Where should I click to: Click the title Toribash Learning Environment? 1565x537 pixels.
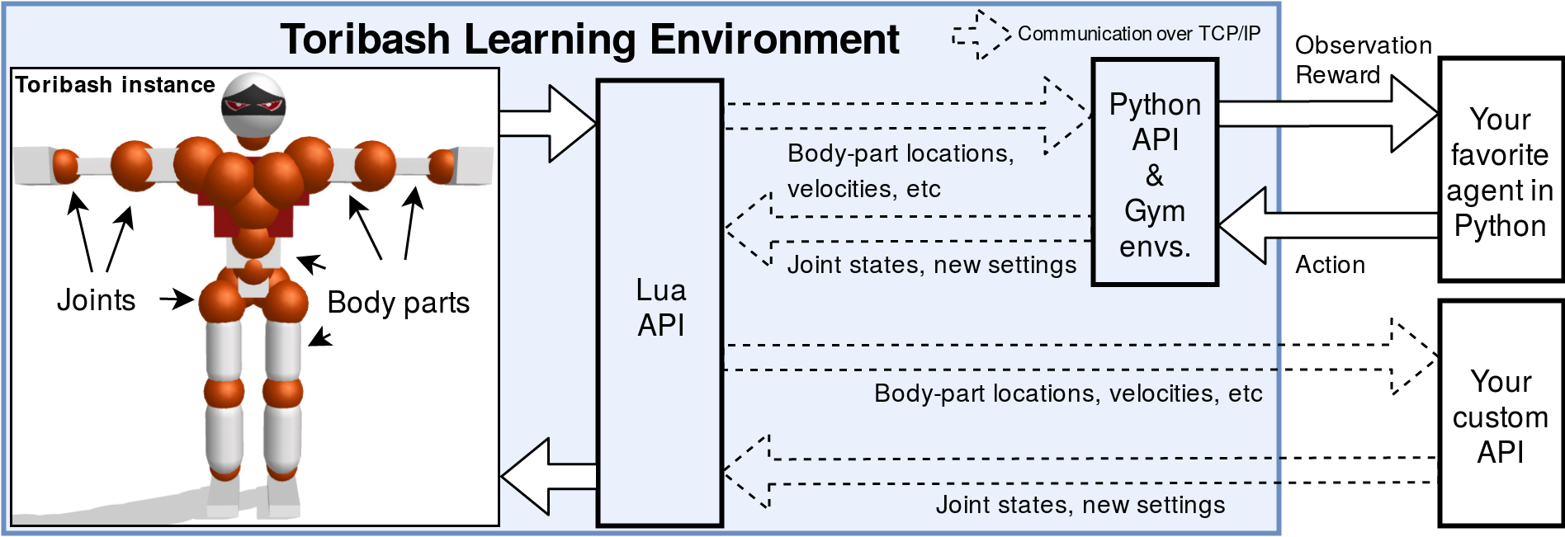point(589,39)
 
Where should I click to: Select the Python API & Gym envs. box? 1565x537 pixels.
point(1154,172)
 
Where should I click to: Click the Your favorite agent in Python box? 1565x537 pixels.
point(1500,171)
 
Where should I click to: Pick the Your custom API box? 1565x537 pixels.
point(1500,415)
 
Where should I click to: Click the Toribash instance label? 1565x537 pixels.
point(115,85)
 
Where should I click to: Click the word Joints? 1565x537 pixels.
point(96,300)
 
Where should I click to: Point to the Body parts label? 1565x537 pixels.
point(398,303)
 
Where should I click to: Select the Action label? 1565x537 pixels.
point(1330,265)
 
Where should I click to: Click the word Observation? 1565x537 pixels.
point(1363,45)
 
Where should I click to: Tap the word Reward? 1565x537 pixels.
point(1337,75)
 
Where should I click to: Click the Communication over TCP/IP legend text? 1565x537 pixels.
point(1138,34)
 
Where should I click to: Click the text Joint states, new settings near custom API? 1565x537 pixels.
point(1080,505)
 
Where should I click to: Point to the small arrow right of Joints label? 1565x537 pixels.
point(176,299)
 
